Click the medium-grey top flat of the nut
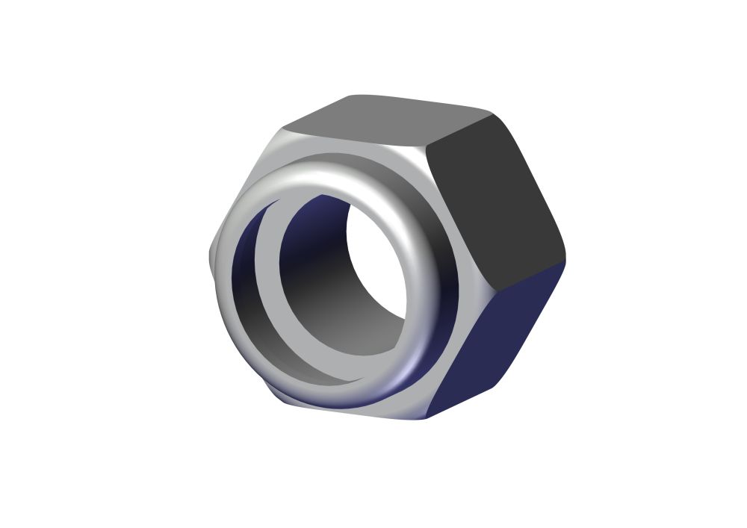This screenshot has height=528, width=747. pyautogui.click(x=388, y=119)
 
